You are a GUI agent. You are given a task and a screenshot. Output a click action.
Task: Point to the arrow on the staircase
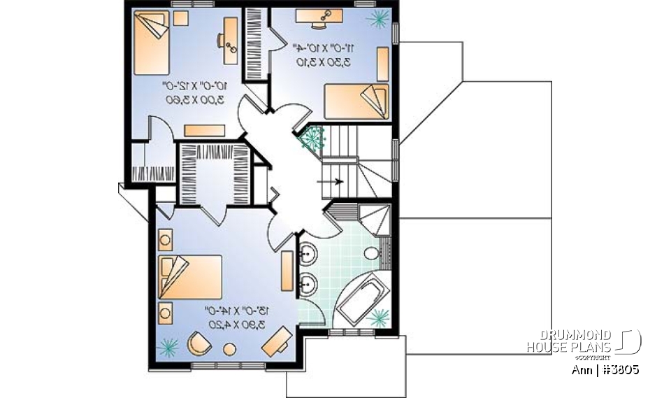pyautogui.click(x=334, y=182)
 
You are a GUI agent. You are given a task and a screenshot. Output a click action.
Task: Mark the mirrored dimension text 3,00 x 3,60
pyautogui.click(x=192, y=92)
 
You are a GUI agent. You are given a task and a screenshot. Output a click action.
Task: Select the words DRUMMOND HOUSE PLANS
pyautogui.click(x=569, y=341)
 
